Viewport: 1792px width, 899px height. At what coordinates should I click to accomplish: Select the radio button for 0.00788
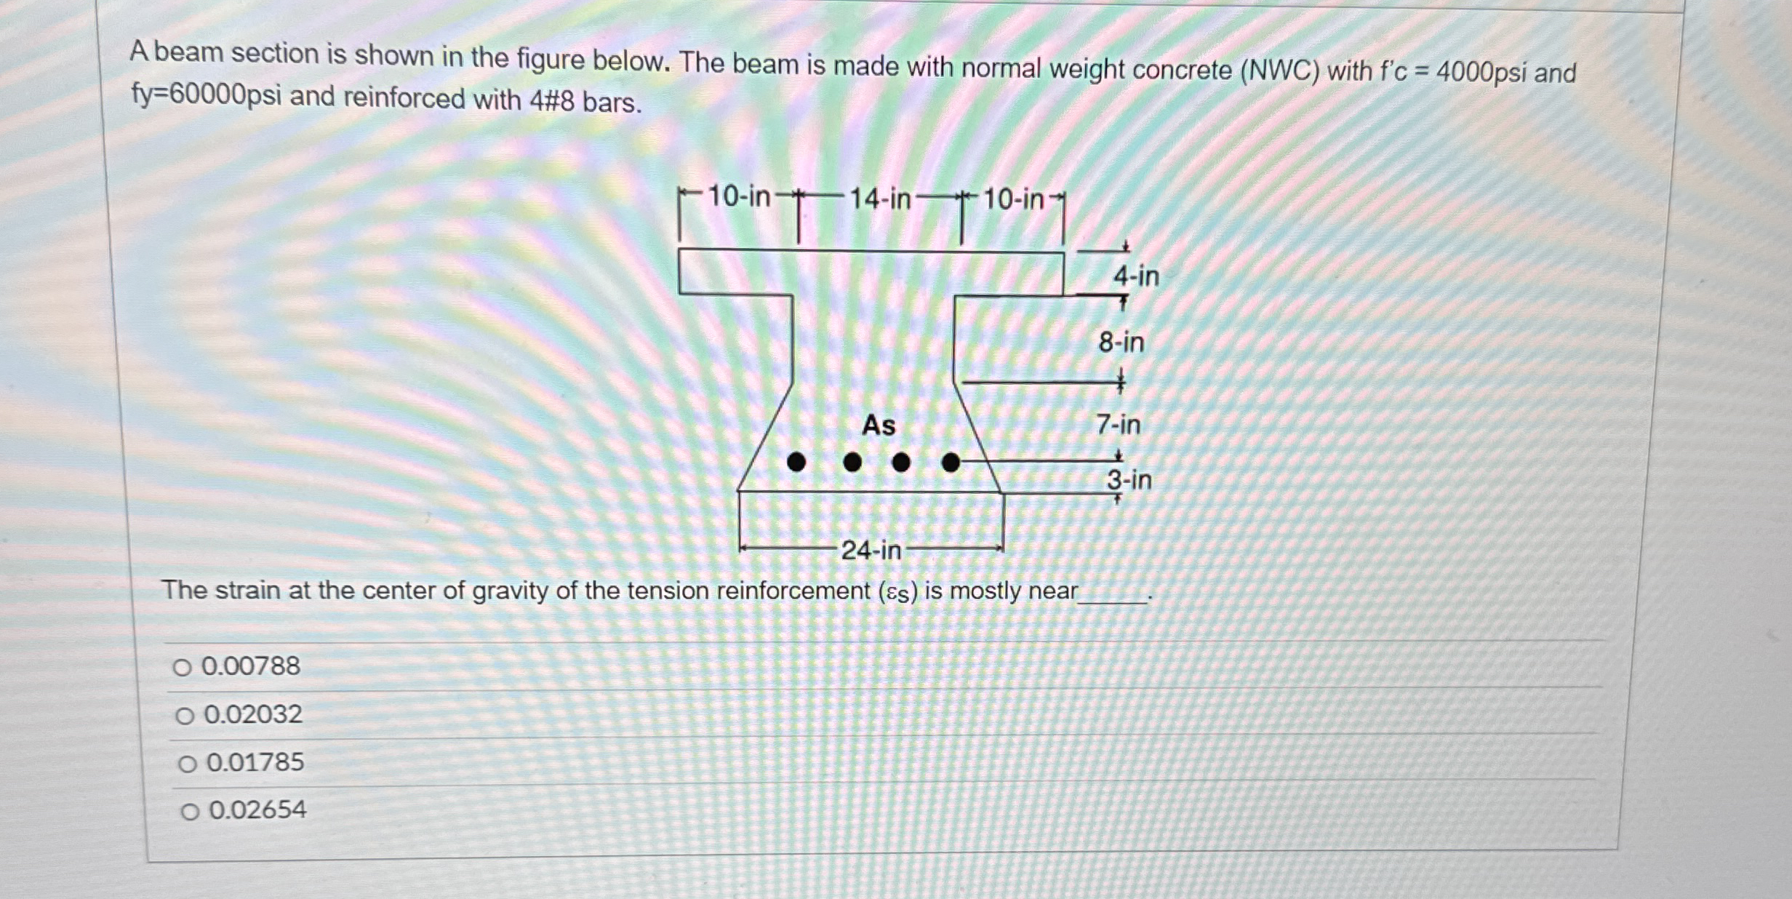pos(182,667)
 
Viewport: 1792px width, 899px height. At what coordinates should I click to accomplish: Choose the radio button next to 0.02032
pos(185,716)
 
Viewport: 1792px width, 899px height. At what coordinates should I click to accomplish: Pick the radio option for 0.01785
pos(188,764)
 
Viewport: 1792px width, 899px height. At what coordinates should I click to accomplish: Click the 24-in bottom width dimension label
pos(871,551)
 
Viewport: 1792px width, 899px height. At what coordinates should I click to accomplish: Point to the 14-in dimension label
pos(880,199)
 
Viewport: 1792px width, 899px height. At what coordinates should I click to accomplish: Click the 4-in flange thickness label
pos(1136,276)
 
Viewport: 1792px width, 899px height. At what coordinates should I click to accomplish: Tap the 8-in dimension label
pos(1121,342)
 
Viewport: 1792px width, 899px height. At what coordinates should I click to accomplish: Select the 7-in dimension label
pos(1119,424)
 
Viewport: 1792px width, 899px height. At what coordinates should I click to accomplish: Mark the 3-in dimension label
pos(1129,480)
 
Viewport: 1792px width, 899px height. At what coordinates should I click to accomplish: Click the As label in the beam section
pos(879,425)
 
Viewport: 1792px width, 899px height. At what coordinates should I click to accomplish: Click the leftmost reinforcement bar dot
pos(796,462)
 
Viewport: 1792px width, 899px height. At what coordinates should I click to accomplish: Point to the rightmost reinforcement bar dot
pos(951,462)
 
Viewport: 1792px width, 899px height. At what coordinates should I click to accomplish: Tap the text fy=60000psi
pos(206,95)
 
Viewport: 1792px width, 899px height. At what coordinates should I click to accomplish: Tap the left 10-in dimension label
pos(739,196)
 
